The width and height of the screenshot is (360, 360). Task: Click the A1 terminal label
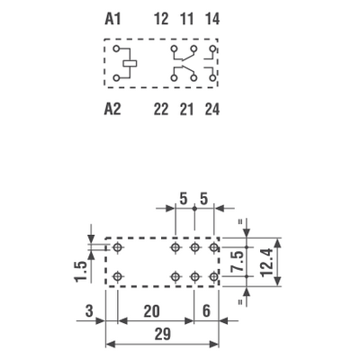(x=112, y=19)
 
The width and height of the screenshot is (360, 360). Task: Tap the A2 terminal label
(x=112, y=109)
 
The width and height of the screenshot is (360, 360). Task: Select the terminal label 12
(x=161, y=19)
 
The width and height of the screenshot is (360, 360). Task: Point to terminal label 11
(x=186, y=19)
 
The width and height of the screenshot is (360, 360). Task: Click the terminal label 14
(x=212, y=19)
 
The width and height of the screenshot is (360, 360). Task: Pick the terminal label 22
(x=161, y=109)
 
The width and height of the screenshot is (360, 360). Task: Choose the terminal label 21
(x=186, y=109)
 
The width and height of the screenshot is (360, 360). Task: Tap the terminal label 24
(x=212, y=109)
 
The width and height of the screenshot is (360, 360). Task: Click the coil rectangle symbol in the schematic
(x=130, y=63)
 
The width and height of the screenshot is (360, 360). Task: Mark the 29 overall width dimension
(x=163, y=334)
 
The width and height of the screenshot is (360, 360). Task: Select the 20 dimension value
(x=152, y=311)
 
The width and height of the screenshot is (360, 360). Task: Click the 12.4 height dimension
(x=267, y=262)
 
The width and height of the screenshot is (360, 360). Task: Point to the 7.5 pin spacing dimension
(x=238, y=262)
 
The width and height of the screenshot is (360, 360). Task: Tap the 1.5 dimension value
(x=81, y=272)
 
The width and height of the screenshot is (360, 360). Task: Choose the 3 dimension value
(x=89, y=311)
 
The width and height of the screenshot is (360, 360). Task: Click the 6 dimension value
(x=206, y=311)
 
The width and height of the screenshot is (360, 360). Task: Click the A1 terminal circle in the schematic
(x=116, y=49)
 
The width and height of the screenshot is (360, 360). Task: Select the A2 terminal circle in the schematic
(x=116, y=78)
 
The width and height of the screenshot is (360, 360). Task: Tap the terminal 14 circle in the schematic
(x=212, y=49)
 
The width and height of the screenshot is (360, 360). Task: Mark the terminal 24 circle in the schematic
(x=212, y=78)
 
